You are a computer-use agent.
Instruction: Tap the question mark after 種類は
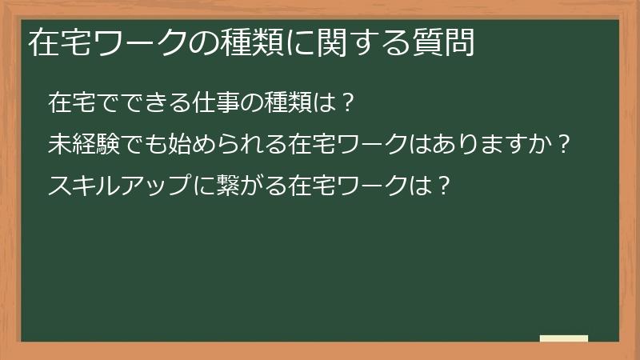click(346, 103)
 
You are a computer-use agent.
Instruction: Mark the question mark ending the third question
click(444, 186)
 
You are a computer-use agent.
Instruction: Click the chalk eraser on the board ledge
click(563, 339)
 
